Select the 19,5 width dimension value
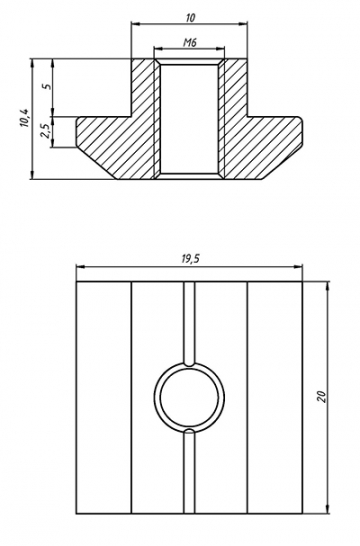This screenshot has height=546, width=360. (x=190, y=259)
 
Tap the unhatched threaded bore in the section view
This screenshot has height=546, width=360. (x=190, y=115)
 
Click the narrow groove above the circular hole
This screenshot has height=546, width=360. (x=190, y=320)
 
